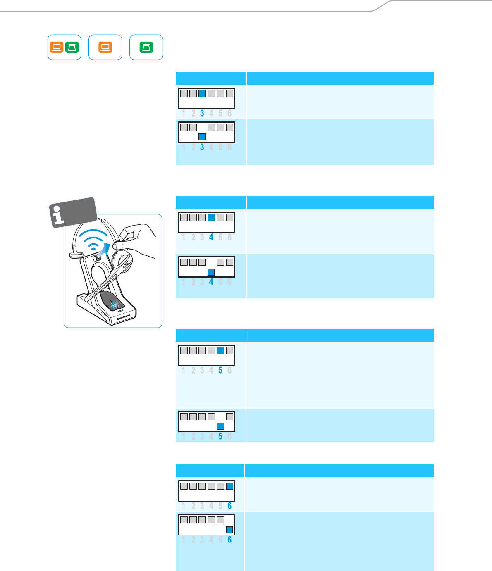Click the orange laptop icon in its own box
(105, 48)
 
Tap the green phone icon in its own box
(146, 48)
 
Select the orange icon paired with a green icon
(57, 48)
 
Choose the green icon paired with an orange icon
(72, 48)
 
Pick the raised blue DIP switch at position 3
(202, 93)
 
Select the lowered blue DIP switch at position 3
(202, 137)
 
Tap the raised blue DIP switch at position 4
(211, 217)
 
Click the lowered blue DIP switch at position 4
(211, 271)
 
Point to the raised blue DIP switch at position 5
(220, 350)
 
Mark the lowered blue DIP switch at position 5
(220, 426)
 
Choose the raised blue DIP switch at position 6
(229, 486)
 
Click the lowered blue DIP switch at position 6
(229, 529)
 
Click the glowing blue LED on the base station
(115, 305)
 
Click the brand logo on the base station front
(123, 317)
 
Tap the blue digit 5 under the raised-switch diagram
(220, 371)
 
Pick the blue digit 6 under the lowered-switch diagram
(229, 540)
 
